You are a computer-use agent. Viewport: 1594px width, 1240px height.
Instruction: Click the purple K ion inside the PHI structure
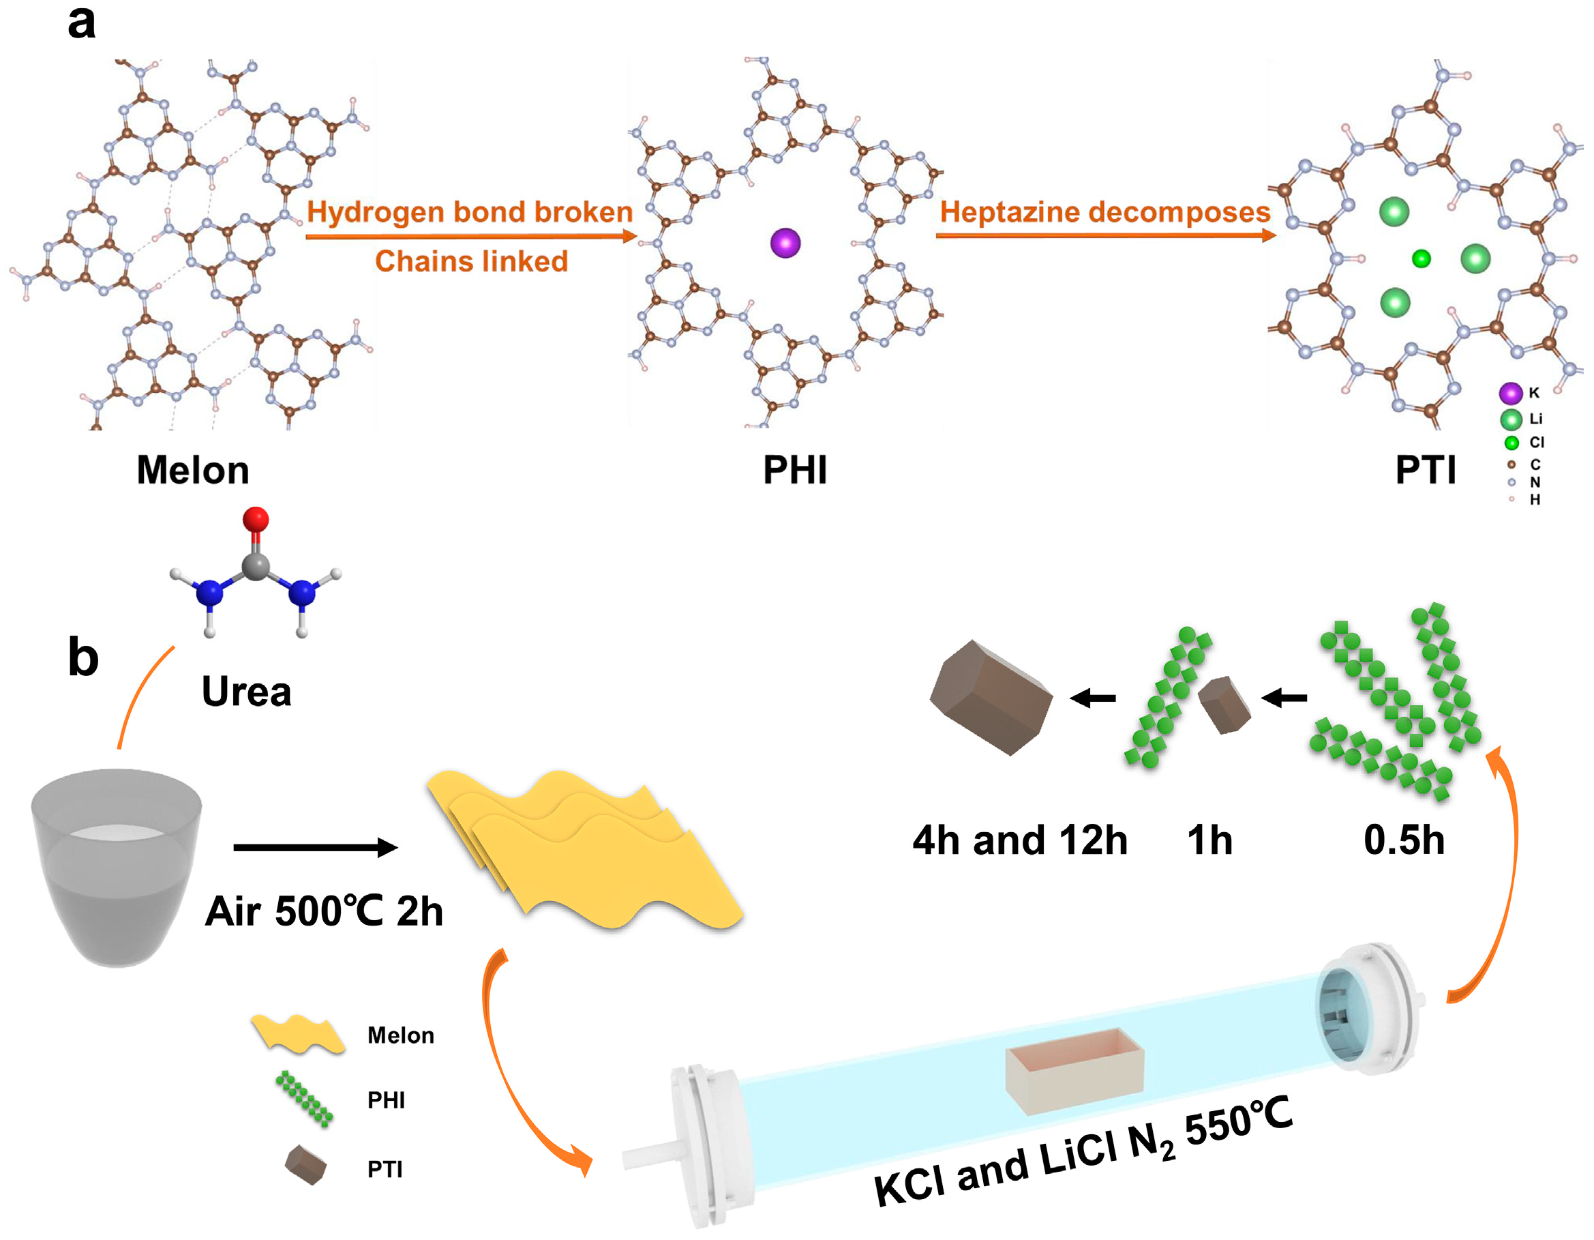coord(785,242)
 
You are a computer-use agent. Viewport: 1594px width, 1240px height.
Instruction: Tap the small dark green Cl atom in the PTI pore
coord(1421,259)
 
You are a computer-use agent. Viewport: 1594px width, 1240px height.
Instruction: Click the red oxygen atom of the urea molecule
coord(256,519)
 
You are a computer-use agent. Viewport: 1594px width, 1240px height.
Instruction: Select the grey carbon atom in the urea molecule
coord(256,566)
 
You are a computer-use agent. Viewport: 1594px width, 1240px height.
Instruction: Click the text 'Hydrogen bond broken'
coord(469,211)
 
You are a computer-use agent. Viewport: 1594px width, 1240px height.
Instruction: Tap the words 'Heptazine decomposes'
coord(1105,211)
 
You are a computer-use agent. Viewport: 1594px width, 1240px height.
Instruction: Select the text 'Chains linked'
coord(472,261)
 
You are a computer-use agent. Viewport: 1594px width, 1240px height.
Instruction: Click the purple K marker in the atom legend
coord(1510,393)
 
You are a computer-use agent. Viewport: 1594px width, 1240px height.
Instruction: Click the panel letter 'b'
coord(82,657)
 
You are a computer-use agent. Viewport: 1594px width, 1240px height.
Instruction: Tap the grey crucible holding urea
coord(117,866)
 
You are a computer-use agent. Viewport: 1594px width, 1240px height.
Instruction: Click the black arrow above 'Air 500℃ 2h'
coord(315,847)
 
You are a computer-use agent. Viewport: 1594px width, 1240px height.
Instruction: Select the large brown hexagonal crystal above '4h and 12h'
coord(991,696)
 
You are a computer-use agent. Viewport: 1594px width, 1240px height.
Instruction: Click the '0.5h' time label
coord(1404,840)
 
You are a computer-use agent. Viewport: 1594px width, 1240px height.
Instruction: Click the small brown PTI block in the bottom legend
coord(305,1165)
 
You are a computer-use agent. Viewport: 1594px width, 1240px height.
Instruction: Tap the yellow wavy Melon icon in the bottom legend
coord(298,1033)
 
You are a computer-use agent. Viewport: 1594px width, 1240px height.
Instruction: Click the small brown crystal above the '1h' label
coord(1224,705)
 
